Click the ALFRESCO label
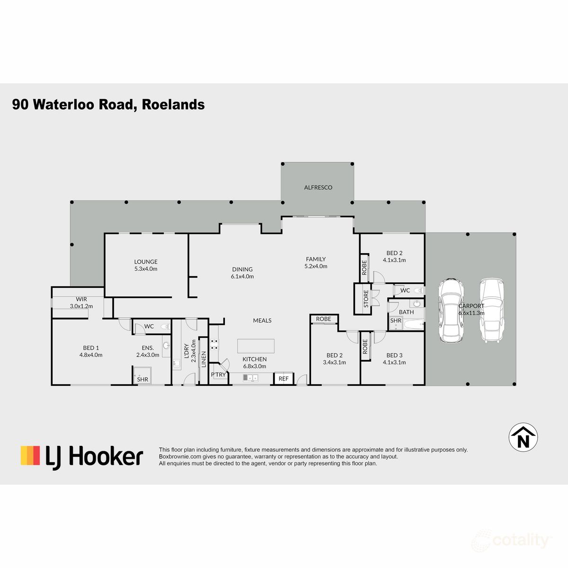pyautogui.click(x=318, y=187)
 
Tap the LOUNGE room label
pyautogui.click(x=146, y=265)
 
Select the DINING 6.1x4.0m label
pyautogui.click(x=242, y=273)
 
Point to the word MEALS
pyautogui.click(x=262, y=320)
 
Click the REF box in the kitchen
pyautogui.click(x=284, y=379)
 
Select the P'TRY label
pyautogui.click(x=218, y=375)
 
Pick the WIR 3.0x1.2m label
pyautogui.click(x=81, y=303)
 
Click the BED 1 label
pyautogui.click(x=91, y=351)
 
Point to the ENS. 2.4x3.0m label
pyautogui.click(x=148, y=351)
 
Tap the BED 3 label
pyautogui.click(x=394, y=359)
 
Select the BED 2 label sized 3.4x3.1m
pyautogui.click(x=334, y=359)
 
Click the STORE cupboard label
pyautogui.click(x=366, y=299)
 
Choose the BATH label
pyautogui.click(x=406, y=312)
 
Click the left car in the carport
pyautogui.click(x=450, y=310)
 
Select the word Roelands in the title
pyautogui.click(x=173, y=105)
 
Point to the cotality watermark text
pyautogui.click(x=520, y=540)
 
